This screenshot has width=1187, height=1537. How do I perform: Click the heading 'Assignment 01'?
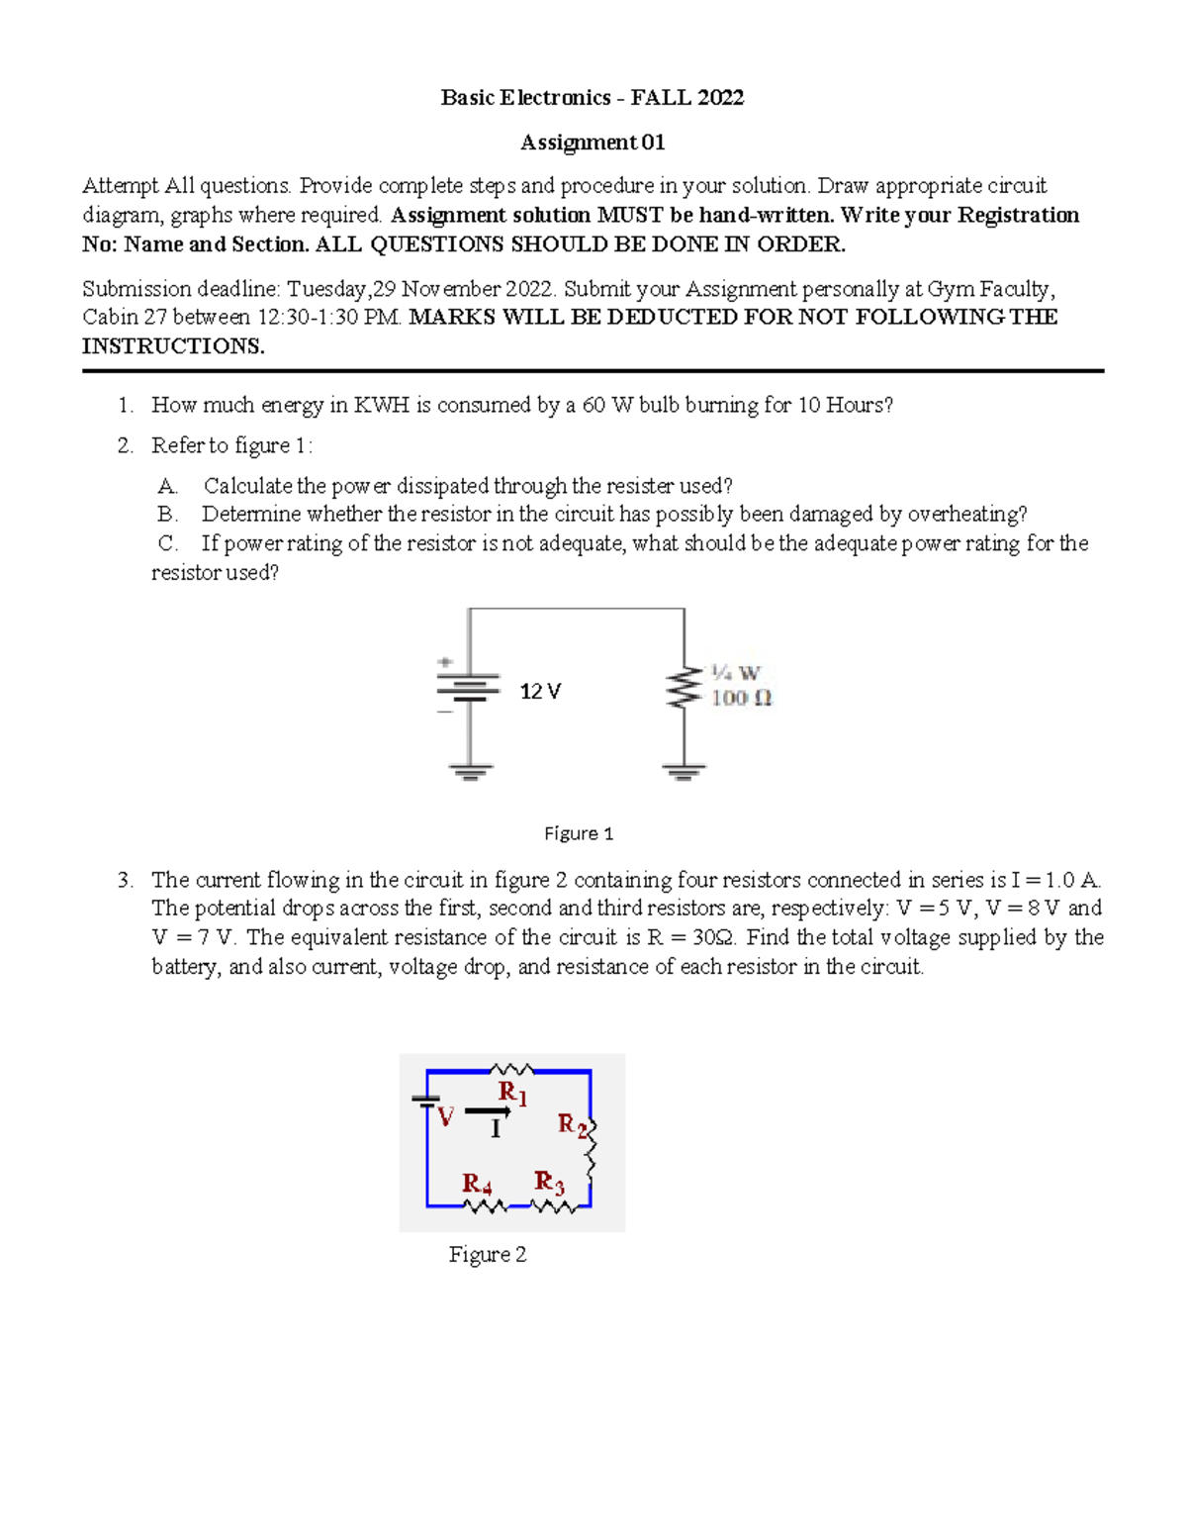pyautogui.click(x=593, y=143)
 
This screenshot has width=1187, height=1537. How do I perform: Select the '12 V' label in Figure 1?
pyautogui.click(x=540, y=692)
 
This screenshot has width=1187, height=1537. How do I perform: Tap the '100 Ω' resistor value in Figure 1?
pyautogui.click(x=741, y=698)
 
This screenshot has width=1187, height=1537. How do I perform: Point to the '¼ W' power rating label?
pyautogui.click(x=735, y=673)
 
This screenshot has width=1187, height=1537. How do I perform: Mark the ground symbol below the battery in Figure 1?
pyautogui.click(x=470, y=771)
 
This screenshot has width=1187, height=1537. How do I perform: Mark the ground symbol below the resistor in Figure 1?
pyautogui.click(x=684, y=771)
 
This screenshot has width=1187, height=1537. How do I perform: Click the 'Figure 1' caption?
pyautogui.click(x=579, y=833)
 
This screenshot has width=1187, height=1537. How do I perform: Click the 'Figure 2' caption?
pyautogui.click(x=487, y=1254)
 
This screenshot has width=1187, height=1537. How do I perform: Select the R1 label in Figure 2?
pyautogui.click(x=512, y=1093)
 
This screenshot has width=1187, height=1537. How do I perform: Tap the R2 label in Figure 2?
pyautogui.click(x=573, y=1124)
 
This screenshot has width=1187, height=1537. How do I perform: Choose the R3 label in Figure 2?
pyautogui.click(x=549, y=1182)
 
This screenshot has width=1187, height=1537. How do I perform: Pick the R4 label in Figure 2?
pyautogui.click(x=477, y=1184)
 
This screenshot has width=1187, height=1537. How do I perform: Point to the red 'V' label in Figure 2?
pyautogui.click(x=446, y=1118)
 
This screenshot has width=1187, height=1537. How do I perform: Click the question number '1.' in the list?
pyautogui.click(x=125, y=405)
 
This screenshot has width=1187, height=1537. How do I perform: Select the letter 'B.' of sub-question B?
pyautogui.click(x=167, y=515)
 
